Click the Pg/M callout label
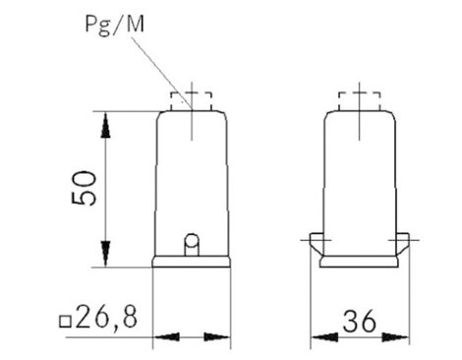click(x=114, y=25)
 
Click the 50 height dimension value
click(x=85, y=188)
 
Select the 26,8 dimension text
click(x=106, y=318)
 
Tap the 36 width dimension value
click(x=359, y=321)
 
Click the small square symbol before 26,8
click(x=65, y=322)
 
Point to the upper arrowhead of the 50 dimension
click(x=105, y=125)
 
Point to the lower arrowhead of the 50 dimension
click(x=105, y=254)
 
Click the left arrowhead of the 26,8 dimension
click(x=167, y=336)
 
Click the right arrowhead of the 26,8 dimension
click(x=216, y=336)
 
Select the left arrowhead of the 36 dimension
click(x=324, y=337)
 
